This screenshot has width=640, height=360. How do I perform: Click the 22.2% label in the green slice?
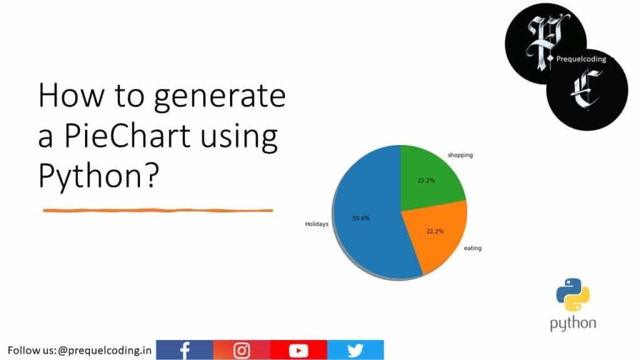click(x=426, y=181)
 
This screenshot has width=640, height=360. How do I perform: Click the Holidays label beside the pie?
click(x=316, y=223)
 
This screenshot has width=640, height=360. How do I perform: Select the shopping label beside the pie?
click(x=459, y=154)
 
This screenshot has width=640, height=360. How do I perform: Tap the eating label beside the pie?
click(x=472, y=249)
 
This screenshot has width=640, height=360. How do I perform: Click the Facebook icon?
click(x=184, y=350)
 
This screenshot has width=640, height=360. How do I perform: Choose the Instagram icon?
click(x=241, y=350)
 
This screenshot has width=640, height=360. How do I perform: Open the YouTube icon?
click(x=298, y=350)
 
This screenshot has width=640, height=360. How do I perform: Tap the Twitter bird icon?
click(x=355, y=350)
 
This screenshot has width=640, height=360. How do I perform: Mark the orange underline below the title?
click(x=157, y=211)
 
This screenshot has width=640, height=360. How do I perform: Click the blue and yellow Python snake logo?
click(x=572, y=295)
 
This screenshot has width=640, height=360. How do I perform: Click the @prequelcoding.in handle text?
click(x=104, y=350)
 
